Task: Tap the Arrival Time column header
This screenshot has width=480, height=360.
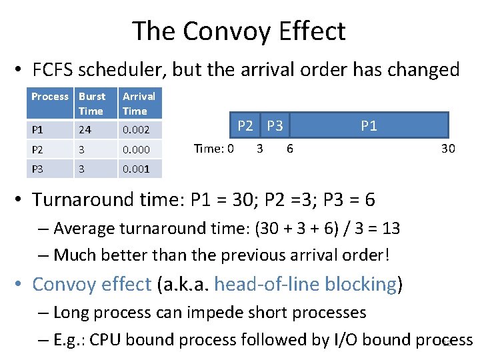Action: [x=139, y=103]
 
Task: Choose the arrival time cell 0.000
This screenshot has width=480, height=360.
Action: [x=136, y=150]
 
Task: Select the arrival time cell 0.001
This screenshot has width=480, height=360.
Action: [x=136, y=169]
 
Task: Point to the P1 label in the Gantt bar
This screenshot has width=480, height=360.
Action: [x=369, y=125]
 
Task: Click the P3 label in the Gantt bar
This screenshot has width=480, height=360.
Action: [x=275, y=125]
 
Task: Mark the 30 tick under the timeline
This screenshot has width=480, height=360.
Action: [x=448, y=149]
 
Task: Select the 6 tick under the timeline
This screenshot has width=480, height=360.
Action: [x=289, y=149]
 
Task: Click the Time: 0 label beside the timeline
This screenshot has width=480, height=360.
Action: [x=213, y=149]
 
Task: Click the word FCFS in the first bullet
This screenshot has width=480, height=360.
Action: [x=56, y=69]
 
